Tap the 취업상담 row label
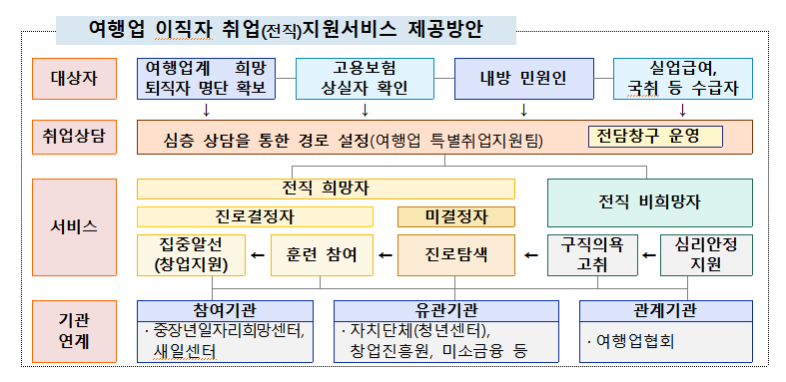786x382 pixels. tap(74, 137)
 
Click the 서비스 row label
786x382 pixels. tap(74, 226)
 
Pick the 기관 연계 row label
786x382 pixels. tap(74, 330)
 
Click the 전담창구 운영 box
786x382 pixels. tap(654, 134)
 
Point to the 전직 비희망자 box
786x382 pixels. tap(649, 200)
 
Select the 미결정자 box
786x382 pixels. tap(455, 216)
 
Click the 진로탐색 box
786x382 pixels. tap(455, 255)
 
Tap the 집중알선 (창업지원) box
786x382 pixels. tap(191, 255)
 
